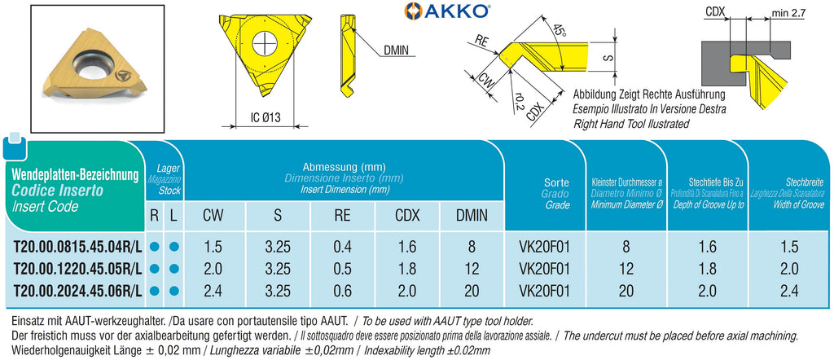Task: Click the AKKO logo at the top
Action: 447,10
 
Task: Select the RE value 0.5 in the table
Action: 343,269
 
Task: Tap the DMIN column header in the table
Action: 472,215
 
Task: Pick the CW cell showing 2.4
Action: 213,291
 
